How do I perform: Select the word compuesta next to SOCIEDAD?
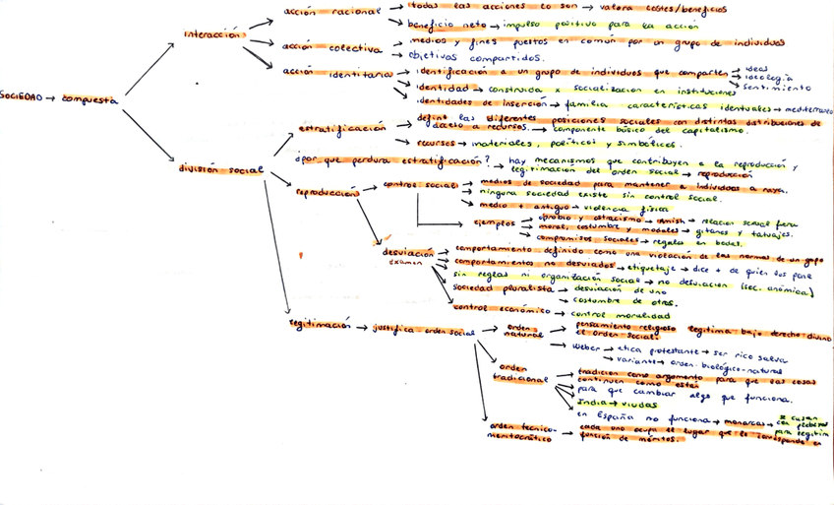(89, 98)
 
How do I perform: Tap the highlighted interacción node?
(210, 35)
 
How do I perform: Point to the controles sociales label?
(422, 185)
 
